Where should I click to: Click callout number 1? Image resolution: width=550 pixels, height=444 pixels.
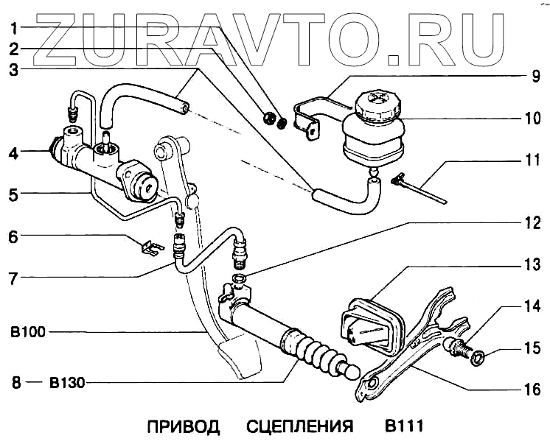coord(14,29)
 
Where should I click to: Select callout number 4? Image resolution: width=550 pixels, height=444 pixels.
coord(14,154)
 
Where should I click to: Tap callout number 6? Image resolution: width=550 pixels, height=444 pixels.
coord(14,237)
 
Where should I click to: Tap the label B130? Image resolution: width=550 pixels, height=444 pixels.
coord(66,382)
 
